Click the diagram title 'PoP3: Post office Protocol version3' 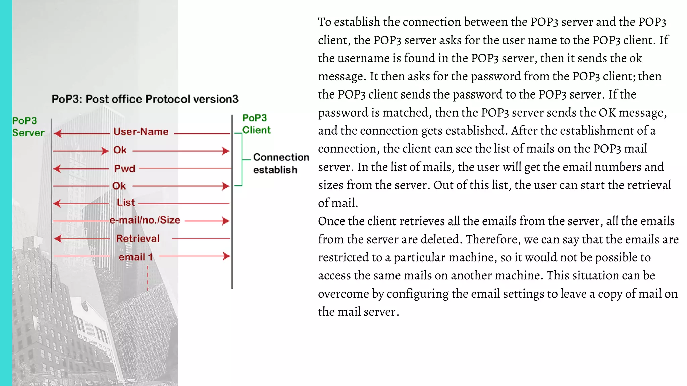coord(145,99)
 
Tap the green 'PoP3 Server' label coord(28,127)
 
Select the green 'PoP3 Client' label coord(256,124)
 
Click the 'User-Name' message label coord(141,132)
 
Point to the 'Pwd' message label coord(124,168)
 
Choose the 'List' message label coord(126,203)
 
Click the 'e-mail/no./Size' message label coord(145,220)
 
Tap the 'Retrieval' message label coord(138,239)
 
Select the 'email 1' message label coord(136,257)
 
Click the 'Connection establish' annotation coord(281,164)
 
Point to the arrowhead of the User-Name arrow coord(57,134)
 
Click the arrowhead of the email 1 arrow coord(227,256)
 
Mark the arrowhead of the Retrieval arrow coord(58,239)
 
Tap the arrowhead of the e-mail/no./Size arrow coord(226,221)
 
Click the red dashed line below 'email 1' coord(148,278)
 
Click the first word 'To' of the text coord(324,22)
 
